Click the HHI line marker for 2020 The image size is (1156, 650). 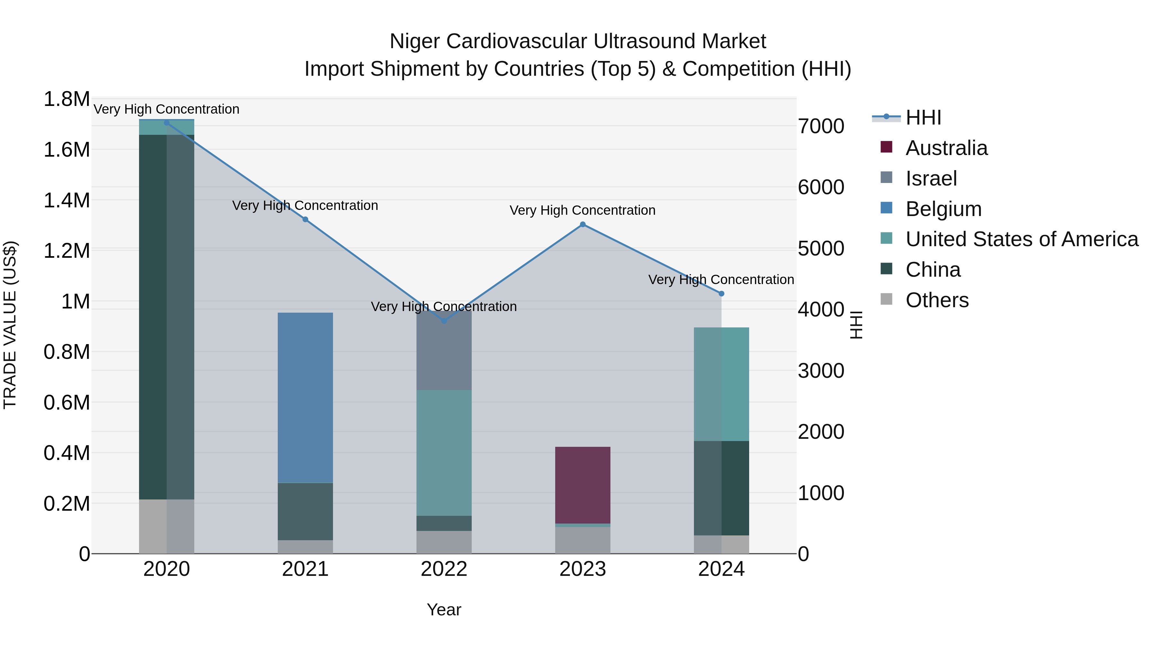(x=166, y=123)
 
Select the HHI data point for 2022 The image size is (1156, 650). (x=444, y=321)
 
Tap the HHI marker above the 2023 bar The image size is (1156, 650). (x=582, y=224)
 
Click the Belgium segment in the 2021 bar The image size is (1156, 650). (x=305, y=397)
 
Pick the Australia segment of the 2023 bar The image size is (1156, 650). (x=582, y=484)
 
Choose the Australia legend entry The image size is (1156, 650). (x=946, y=148)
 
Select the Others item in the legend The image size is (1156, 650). (x=937, y=300)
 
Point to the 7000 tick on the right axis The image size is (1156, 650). (x=821, y=126)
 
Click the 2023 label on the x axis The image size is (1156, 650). (x=582, y=569)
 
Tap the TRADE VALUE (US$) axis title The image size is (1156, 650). (x=10, y=325)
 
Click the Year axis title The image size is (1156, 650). (x=444, y=610)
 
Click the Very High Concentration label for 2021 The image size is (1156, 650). (x=305, y=205)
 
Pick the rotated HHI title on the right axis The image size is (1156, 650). (x=856, y=325)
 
